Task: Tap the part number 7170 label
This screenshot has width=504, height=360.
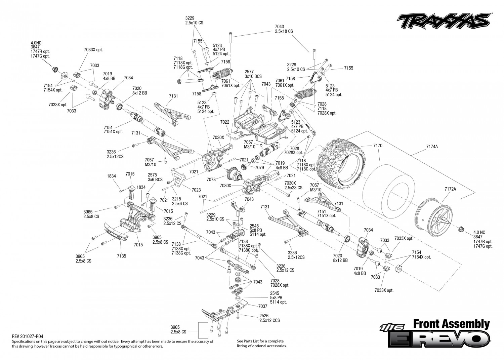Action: [x=378, y=146]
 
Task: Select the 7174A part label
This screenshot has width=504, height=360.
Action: [x=432, y=147]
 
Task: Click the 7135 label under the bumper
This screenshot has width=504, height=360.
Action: [x=122, y=256]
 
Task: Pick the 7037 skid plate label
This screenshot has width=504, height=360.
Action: [x=263, y=306]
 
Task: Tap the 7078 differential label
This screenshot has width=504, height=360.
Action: [x=211, y=179]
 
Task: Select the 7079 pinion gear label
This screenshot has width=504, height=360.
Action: [x=259, y=167]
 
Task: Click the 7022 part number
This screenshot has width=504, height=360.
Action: [x=224, y=122]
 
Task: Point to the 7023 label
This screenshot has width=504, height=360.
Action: [x=196, y=190]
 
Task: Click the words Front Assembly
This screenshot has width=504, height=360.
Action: [x=452, y=324]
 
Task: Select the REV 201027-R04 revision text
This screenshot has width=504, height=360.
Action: [x=27, y=336]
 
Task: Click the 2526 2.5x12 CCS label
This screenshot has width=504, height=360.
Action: [x=269, y=318]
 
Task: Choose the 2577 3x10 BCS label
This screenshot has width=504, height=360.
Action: [x=253, y=74]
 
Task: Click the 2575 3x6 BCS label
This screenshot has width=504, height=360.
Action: [x=155, y=177]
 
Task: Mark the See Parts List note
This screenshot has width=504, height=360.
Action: [x=262, y=343]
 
